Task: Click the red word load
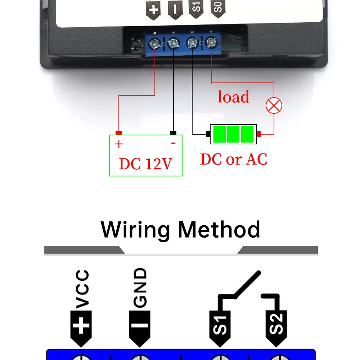click(233, 97)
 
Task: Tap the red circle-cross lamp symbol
click(274, 106)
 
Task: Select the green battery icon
click(233, 134)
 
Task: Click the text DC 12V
click(145, 164)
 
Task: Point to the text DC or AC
click(234, 159)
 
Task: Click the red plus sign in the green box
click(119, 144)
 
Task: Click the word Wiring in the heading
click(135, 229)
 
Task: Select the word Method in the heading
click(219, 229)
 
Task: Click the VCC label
click(82, 290)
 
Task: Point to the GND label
click(140, 288)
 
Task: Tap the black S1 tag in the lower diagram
click(220, 326)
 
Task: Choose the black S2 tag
click(277, 326)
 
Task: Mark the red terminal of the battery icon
click(258, 134)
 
